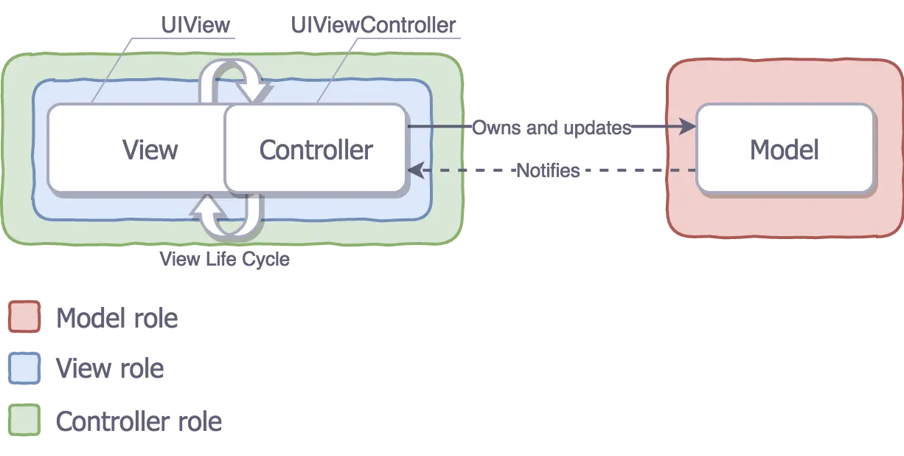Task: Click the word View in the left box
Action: pos(150,150)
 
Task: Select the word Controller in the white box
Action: pos(316,150)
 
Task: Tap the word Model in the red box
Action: pos(784,150)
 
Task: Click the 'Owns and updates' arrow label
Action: pos(552,128)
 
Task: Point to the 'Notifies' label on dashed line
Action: pos(547,170)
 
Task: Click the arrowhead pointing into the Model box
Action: pos(688,128)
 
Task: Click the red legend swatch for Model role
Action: pos(24,317)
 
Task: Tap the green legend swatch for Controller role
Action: pos(24,421)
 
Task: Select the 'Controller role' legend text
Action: pos(139,422)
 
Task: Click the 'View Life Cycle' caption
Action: pos(227,259)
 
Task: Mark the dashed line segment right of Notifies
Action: pos(642,170)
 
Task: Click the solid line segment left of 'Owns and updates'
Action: pos(439,128)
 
